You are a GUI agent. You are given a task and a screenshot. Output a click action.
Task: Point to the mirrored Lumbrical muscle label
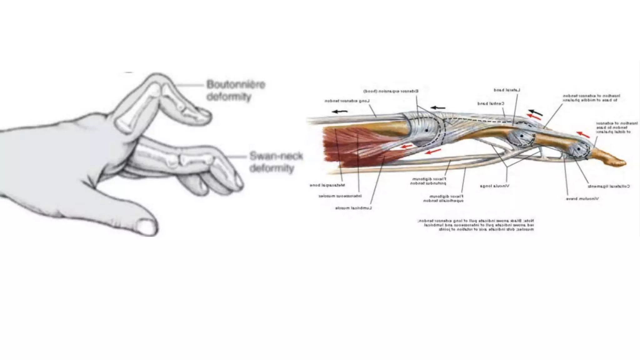tap(353, 208)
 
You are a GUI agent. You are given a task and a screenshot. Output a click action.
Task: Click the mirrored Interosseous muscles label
tap(340, 196)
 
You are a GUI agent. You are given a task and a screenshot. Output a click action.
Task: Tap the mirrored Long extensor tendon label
tap(347, 101)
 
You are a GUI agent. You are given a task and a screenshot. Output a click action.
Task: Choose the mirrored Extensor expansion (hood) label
tap(391, 91)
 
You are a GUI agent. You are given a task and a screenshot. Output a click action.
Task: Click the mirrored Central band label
tap(491, 103)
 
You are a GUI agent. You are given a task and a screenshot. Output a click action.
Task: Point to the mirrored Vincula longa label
tap(494, 186)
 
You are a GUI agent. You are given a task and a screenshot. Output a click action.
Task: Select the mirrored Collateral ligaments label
tap(608, 186)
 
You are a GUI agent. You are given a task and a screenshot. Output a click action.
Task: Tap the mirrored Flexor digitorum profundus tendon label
tap(428, 181)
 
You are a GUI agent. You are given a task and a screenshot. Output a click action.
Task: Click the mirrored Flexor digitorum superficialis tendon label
tap(443, 198)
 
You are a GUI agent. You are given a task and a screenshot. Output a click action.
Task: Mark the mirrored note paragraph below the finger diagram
tap(476, 225)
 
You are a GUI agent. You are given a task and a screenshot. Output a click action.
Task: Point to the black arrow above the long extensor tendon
tap(340, 111)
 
